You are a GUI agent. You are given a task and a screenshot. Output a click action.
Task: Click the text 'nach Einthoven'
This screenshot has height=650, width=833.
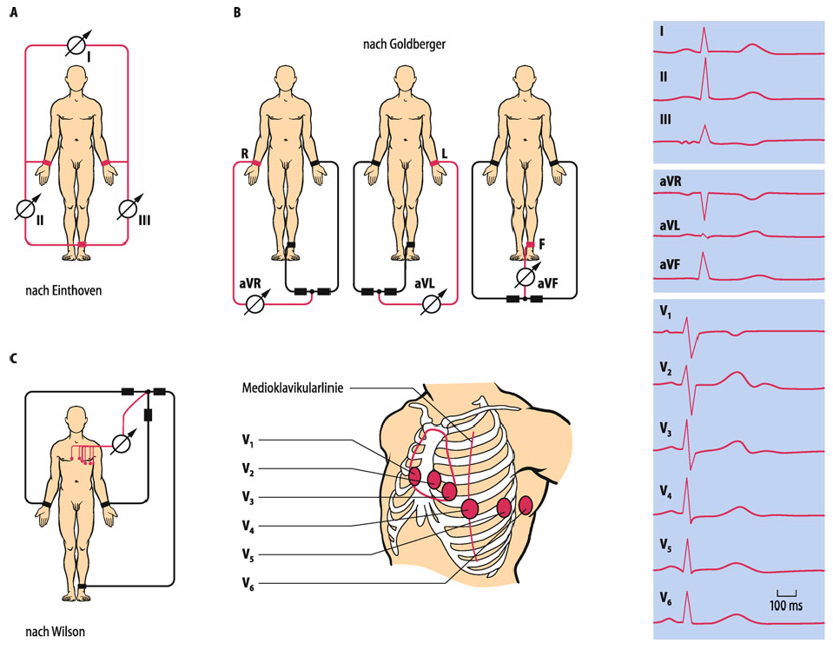click(63, 290)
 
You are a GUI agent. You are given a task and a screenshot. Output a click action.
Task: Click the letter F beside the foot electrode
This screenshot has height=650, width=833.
click(542, 246)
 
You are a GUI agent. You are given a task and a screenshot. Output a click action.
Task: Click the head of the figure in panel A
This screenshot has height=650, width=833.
click(76, 80)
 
